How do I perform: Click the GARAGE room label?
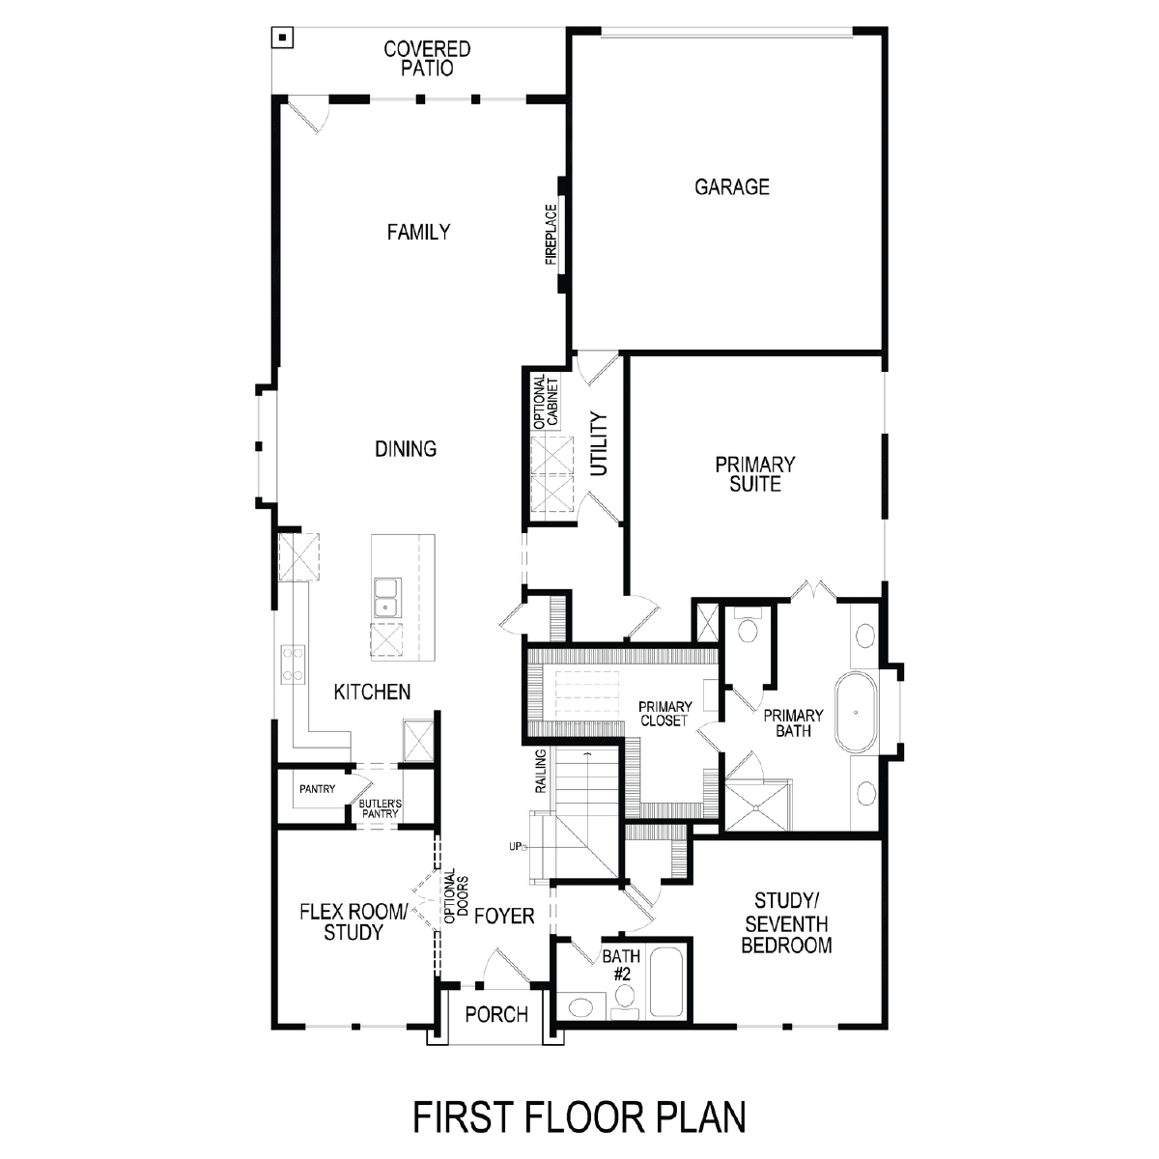(731, 187)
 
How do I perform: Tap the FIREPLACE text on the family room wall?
(551, 235)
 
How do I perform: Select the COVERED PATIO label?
(427, 58)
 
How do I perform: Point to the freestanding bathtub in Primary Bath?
(856, 713)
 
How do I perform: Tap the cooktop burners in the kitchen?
(293, 664)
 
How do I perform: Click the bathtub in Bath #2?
(665, 983)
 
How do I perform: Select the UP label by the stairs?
(516, 847)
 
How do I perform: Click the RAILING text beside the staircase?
(541, 771)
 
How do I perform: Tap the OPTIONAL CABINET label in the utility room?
(546, 402)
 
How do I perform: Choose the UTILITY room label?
(599, 444)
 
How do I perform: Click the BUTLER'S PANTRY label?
(380, 808)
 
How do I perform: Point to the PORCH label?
(496, 1015)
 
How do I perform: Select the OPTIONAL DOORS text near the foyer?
(457, 896)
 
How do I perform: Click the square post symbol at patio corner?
(282, 38)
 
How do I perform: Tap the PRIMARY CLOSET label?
(664, 714)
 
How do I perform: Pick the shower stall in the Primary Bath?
(756, 806)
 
